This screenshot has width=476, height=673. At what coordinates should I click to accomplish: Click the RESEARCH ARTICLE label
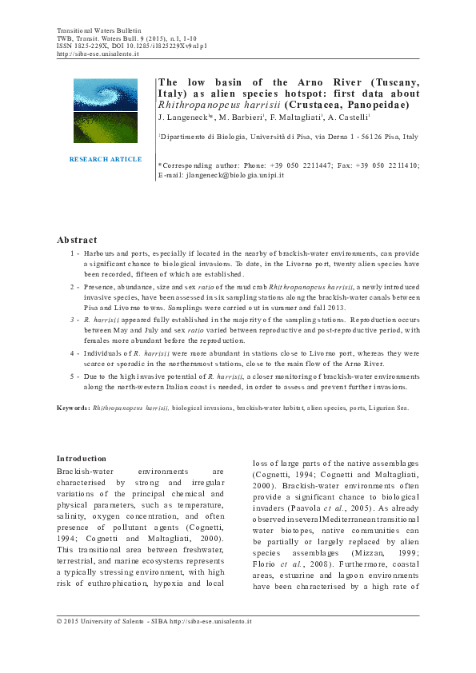106,159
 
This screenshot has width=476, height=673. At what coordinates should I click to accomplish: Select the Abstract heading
78,240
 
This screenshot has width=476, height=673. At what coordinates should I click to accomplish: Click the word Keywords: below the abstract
73,408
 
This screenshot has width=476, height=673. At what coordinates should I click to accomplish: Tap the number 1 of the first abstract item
74,253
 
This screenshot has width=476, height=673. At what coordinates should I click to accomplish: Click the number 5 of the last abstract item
74,376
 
